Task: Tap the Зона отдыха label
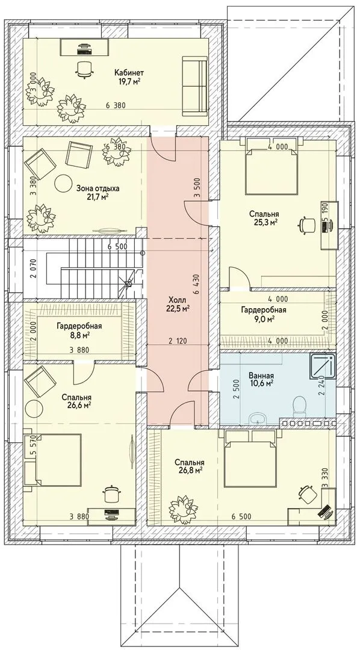[98, 188]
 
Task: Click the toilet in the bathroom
[299, 406]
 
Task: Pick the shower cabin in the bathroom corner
[323, 367]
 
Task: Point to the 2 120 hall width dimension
[178, 341]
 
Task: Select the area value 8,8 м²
[79, 333]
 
